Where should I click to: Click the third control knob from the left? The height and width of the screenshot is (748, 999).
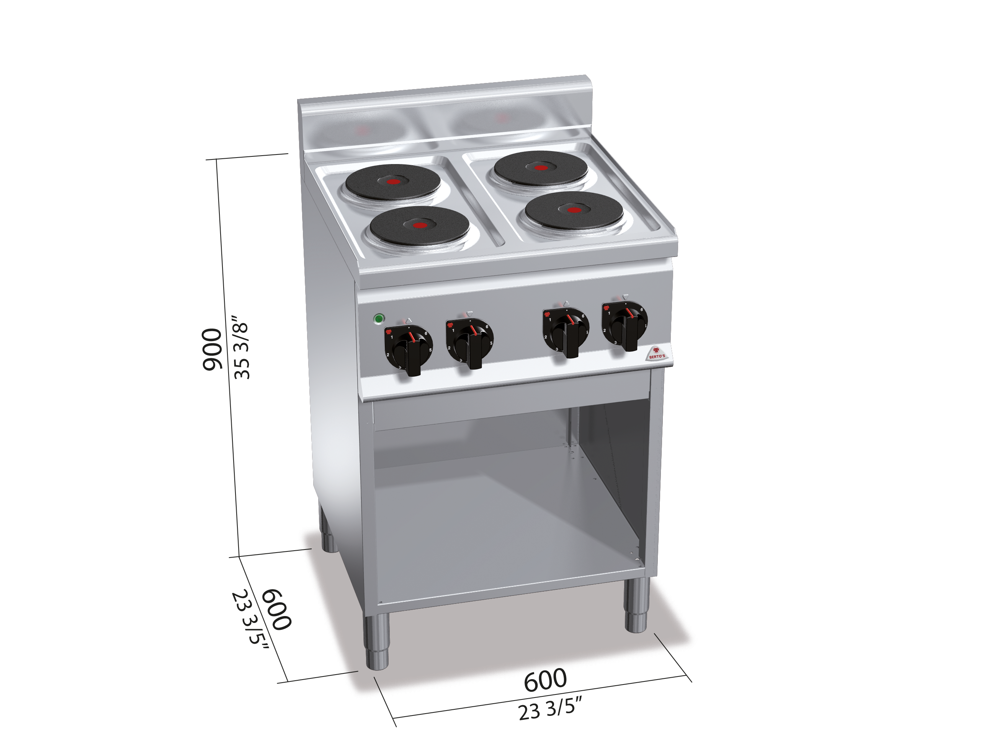[x=566, y=331]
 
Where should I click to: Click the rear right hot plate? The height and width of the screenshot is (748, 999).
[x=541, y=168]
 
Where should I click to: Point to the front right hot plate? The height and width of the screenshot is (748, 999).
[x=574, y=210]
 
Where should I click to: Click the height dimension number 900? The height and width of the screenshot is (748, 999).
[x=211, y=350]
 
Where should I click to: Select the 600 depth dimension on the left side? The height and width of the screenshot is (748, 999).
[x=276, y=610]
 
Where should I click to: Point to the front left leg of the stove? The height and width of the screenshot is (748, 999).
[x=377, y=641]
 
